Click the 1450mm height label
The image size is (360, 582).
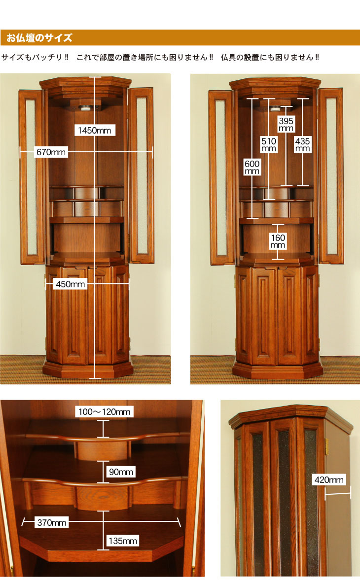(x=94, y=130)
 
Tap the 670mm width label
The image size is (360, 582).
(x=51, y=152)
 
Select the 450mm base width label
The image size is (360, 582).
(x=70, y=284)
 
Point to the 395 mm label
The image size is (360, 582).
(x=286, y=124)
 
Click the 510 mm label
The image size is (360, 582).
(x=269, y=145)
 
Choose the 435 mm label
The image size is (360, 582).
(x=302, y=145)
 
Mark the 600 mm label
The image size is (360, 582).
(x=252, y=167)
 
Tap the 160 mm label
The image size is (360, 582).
(x=278, y=241)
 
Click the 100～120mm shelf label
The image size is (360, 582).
(x=104, y=411)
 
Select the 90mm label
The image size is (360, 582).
(x=121, y=472)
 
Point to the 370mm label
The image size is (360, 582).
(x=52, y=522)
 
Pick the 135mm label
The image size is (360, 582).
(x=123, y=541)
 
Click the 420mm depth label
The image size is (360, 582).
(x=329, y=479)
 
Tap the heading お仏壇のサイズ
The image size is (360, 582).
(x=39, y=38)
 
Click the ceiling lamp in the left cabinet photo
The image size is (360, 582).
(x=86, y=108)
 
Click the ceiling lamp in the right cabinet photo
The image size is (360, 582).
(x=275, y=108)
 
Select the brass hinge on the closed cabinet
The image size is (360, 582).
(x=326, y=446)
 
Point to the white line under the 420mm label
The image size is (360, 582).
(x=338, y=493)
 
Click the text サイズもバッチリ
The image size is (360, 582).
(x=32, y=58)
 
